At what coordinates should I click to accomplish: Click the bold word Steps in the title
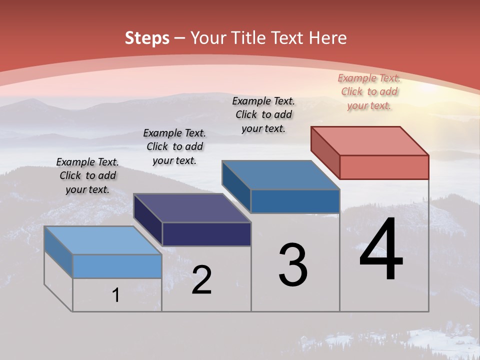point(147,38)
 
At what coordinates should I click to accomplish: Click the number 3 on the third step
point(293,265)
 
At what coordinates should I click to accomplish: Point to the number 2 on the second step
point(201,280)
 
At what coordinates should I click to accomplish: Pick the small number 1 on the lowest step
point(116,295)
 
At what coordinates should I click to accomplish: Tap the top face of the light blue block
point(103,240)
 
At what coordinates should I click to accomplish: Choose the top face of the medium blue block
point(281,175)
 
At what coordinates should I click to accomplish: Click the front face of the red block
point(384,167)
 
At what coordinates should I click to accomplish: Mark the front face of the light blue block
point(117,266)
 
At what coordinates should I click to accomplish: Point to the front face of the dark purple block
point(206,234)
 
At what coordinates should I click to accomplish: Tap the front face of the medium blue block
point(295,201)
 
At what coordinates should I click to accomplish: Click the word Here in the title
point(328,38)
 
